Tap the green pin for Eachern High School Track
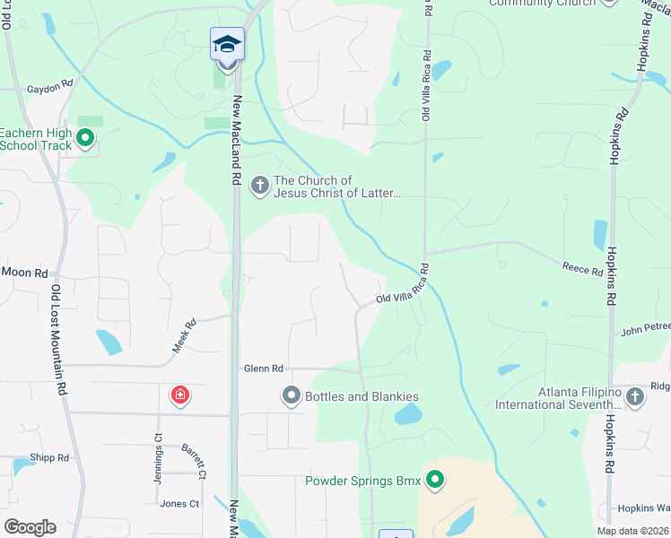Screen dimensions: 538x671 pos(85,138)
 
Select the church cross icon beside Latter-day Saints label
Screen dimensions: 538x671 pos(259,186)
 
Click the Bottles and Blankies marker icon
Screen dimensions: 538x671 pos(291,395)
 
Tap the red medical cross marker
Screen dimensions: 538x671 pos(179,395)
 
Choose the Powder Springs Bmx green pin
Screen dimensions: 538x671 pos(435,481)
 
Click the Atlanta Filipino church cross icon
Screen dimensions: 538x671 pos(634,396)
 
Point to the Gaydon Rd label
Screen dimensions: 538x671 pos(49,87)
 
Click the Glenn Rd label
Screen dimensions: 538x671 pos(263,369)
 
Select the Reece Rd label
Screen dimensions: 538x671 pos(582,268)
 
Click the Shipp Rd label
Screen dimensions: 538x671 pos(48,457)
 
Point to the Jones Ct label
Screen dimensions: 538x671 pos(179,504)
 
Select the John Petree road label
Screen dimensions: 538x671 pos(644,329)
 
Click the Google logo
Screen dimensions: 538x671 pos(30,527)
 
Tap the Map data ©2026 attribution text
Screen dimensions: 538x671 pos(632,531)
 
